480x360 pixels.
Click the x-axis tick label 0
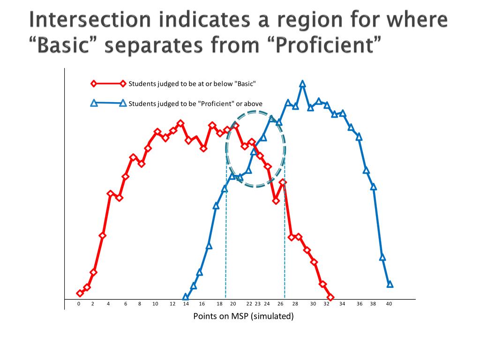(x=79, y=304)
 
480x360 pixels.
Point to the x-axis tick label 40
(x=389, y=304)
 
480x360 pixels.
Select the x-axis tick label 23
(x=257, y=304)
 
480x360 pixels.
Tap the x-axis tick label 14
(x=186, y=304)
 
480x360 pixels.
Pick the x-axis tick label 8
(x=140, y=304)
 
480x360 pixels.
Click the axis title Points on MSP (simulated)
(x=243, y=316)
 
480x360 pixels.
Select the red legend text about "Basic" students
(x=192, y=84)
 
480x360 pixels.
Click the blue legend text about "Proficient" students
(x=195, y=104)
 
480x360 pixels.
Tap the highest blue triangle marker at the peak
(x=302, y=84)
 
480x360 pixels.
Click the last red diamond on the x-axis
(x=330, y=297)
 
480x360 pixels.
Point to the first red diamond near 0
(x=80, y=293)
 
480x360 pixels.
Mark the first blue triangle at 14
(x=186, y=297)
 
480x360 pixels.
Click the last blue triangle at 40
(x=390, y=284)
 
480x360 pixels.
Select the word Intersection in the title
(x=90, y=20)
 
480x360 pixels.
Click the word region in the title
(x=288, y=20)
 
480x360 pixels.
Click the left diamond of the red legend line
(x=93, y=84)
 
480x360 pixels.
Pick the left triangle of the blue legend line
(x=93, y=103)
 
